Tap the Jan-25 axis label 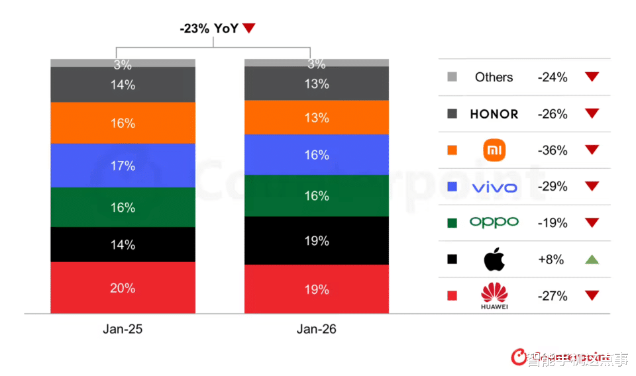123,329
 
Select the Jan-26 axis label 316,329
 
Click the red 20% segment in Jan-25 123,288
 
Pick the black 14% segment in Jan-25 123,245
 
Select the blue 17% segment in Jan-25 123,165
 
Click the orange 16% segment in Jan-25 123,123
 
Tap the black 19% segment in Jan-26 316,240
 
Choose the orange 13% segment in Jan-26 316,118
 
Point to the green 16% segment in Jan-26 316,196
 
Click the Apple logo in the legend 494,259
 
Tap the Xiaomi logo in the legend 494,150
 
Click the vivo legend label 494,187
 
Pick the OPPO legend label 494,222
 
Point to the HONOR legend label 494,114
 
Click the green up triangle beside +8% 592,259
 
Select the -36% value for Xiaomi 553,150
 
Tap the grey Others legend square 452,77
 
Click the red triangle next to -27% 592,296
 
